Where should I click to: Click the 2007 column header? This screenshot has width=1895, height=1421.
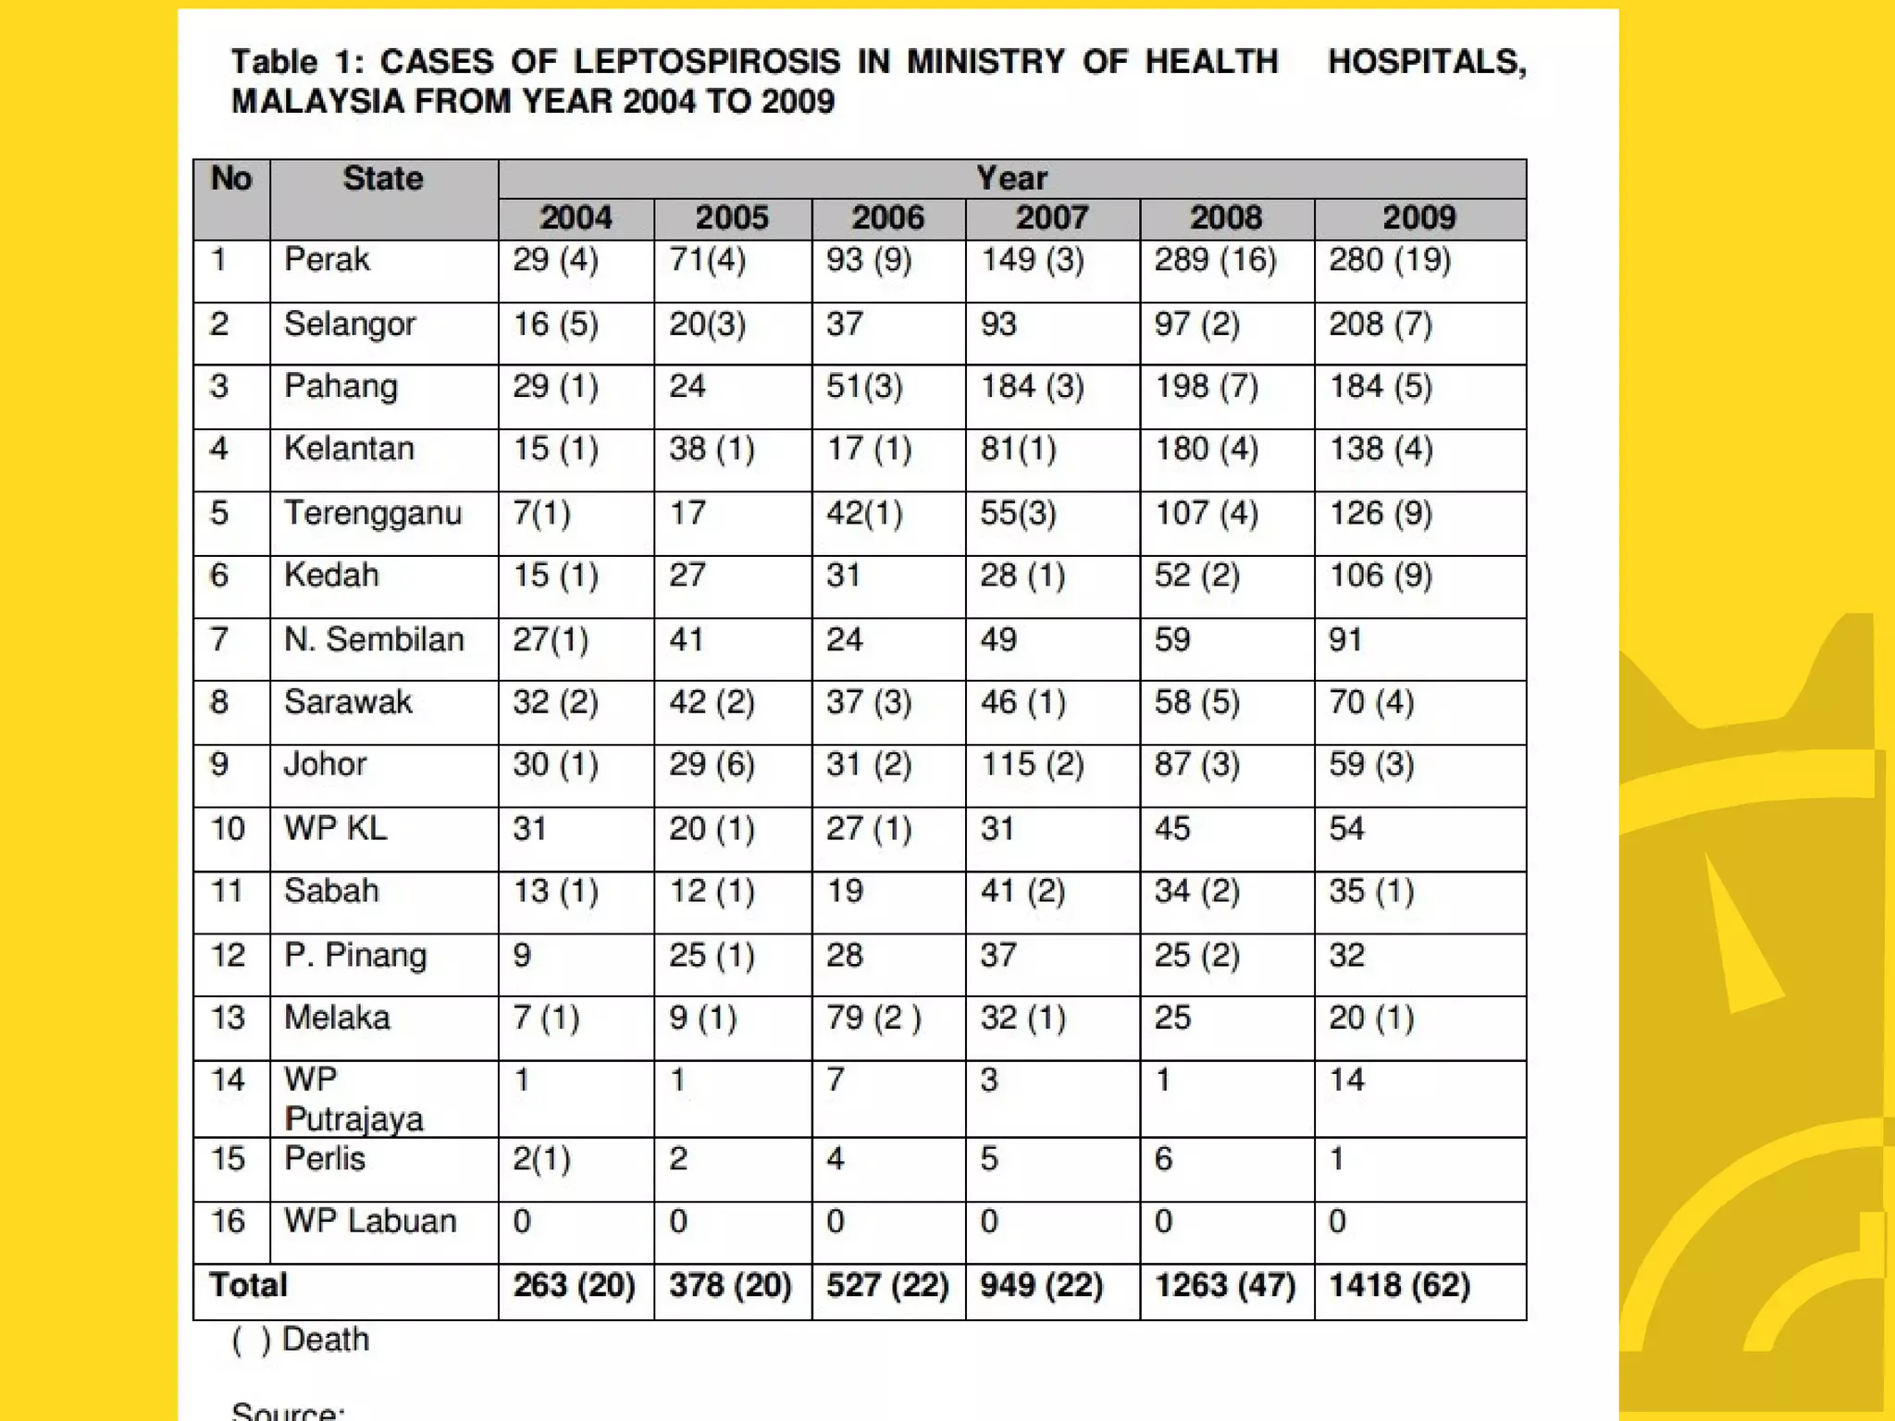click(x=1052, y=218)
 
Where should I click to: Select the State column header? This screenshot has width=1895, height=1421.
click(x=383, y=179)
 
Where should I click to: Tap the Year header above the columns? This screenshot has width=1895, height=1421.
click(x=1012, y=179)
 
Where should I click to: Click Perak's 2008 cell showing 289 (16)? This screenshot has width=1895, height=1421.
click(x=1215, y=260)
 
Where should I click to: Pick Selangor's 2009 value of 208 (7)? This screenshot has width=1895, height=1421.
click(x=1381, y=325)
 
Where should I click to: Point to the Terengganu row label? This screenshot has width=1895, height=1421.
click(x=373, y=513)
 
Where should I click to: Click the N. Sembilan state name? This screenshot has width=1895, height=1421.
click(x=374, y=639)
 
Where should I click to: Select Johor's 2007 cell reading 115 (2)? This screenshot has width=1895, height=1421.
click(x=1033, y=765)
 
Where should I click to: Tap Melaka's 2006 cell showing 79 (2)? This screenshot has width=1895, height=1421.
click(x=873, y=1018)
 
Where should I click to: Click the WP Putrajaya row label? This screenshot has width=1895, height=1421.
click(x=353, y=1099)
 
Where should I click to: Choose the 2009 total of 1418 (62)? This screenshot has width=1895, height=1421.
click(x=1399, y=1285)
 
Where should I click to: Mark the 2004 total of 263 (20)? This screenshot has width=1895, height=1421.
click(x=574, y=1285)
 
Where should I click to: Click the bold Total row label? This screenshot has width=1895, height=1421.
click(x=248, y=1285)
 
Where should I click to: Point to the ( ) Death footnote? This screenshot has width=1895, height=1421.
click(x=301, y=1340)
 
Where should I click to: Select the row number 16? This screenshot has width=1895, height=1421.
click(x=228, y=1221)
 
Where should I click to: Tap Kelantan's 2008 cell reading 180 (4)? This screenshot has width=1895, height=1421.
click(x=1207, y=450)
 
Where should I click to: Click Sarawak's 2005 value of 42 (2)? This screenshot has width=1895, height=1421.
click(x=712, y=702)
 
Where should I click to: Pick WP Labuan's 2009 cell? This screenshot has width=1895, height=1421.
click(x=1337, y=1222)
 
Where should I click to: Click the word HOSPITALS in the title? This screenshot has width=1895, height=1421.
click(x=1426, y=62)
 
